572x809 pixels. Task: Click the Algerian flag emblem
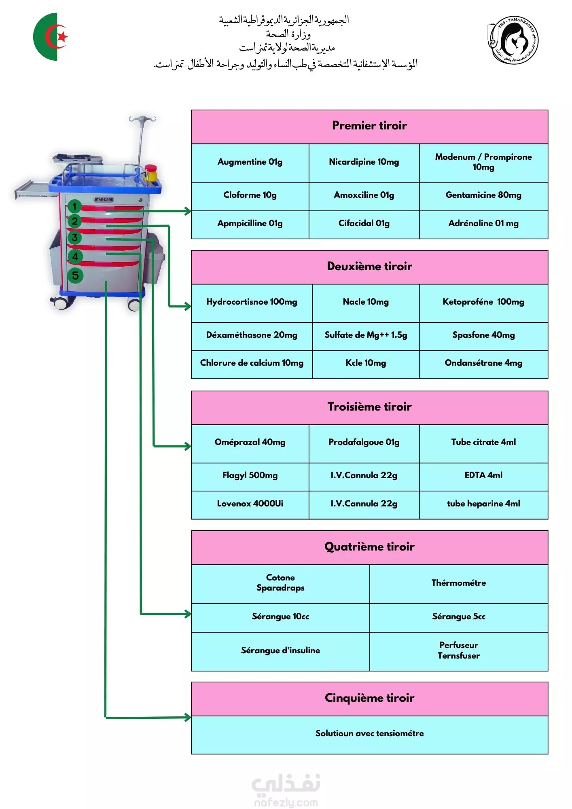point(51,37)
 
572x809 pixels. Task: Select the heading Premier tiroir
point(369,125)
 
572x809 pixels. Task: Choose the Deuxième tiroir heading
point(369,266)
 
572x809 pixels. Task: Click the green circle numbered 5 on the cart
point(75,276)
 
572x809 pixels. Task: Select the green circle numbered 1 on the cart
point(74,206)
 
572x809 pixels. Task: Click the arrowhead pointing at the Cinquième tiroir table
point(187,718)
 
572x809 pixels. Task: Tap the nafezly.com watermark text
point(286,803)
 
